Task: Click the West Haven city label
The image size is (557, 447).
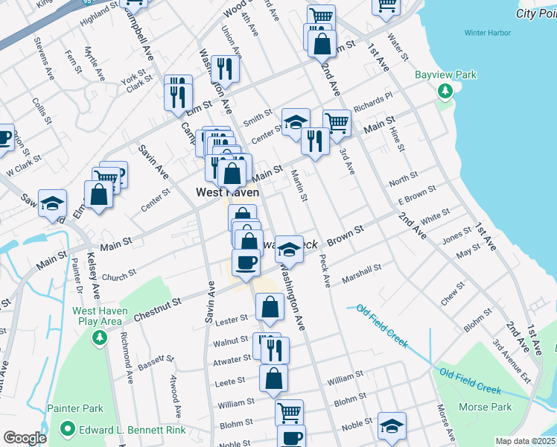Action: [x=228, y=192]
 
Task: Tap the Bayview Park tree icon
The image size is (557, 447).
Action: [x=446, y=91]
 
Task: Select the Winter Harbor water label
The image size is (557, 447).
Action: [x=486, y=33]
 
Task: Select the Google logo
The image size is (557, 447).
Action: [x=25, y=438]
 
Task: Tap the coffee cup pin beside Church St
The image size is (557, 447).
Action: [x=246, y=262]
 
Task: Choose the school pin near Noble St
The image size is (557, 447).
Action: [x=392, y=426]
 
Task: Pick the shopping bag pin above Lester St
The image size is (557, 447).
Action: [x=270, y=306]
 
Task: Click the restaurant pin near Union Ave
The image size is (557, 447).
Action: [x=223, y=69]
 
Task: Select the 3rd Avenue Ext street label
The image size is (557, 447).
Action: [x=511, y=364]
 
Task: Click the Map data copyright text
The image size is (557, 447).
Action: [x=526, y=441]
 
